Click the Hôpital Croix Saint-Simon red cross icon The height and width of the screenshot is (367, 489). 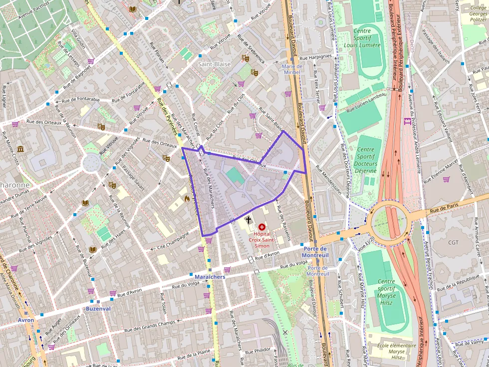coord(261,227)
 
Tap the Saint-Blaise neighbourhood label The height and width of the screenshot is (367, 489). coord(214,64)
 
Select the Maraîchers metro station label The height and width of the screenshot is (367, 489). coord(210,277)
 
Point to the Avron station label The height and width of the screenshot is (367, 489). coord(26,320)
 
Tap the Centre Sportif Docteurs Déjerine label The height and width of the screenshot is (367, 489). coord(366,160)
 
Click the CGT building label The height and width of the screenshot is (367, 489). coord(453,243)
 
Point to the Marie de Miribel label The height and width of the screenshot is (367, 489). coord(292,69)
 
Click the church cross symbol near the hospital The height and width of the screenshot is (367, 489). coord(248,219)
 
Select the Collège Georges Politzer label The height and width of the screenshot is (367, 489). coord(478,14)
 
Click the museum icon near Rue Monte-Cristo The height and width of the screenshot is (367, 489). coord(20,149)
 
